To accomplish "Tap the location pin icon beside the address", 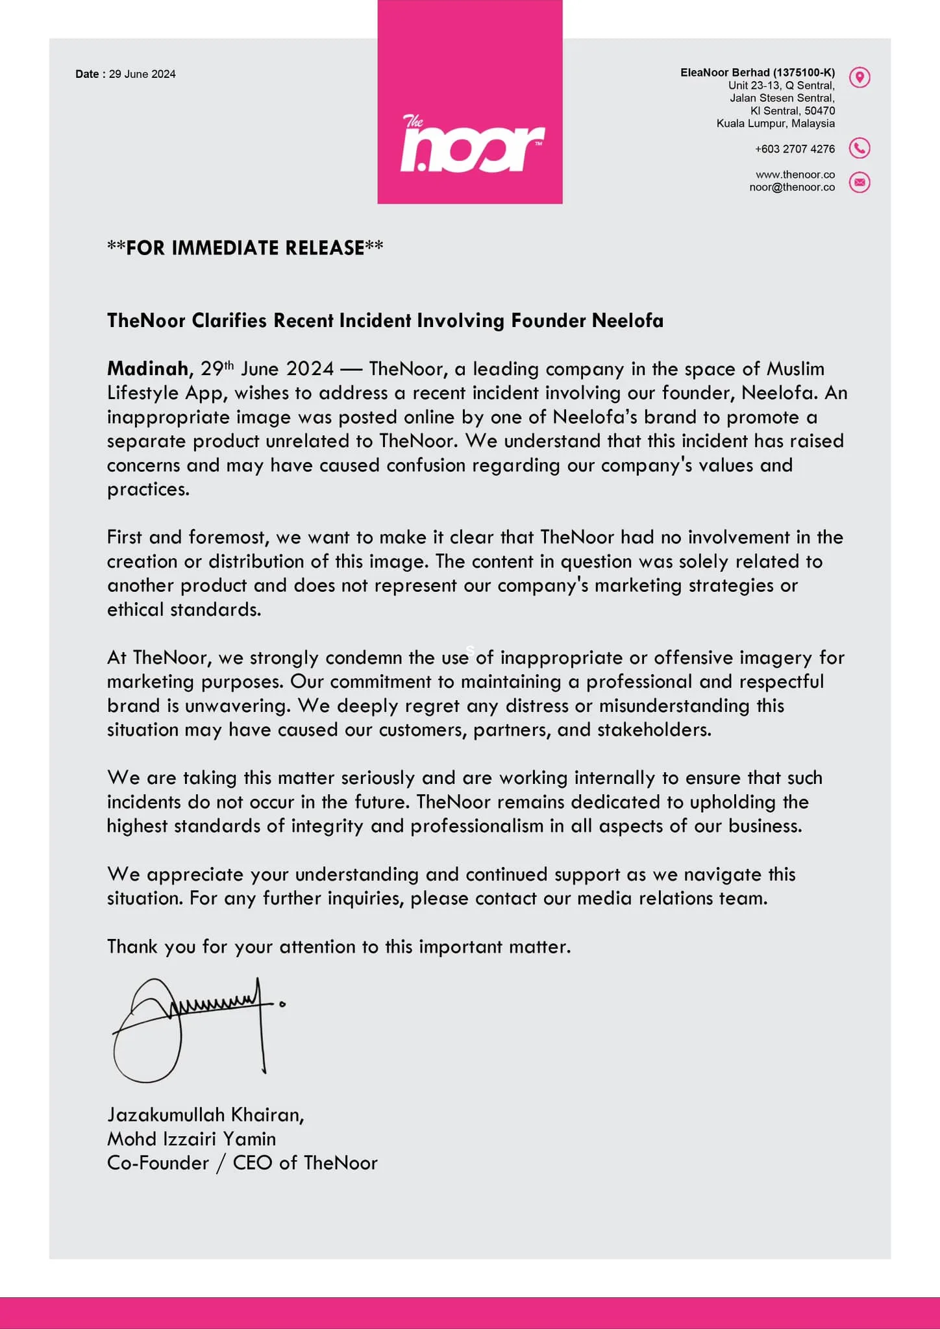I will [x=860, y=78].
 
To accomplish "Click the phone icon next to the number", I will [x=860, y=149].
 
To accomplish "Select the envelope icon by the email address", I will [x=860, y=182].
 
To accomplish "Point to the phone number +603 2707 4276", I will [x=795, y=149].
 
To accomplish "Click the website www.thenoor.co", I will [x=795, y=175].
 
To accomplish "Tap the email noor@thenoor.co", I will [x=792, y=187].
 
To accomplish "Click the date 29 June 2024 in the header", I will [x=142, y=74].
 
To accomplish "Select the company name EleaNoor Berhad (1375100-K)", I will [x=757, y=73].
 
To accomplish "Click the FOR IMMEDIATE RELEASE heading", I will [x=245, y=248].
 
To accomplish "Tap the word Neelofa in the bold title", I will [x=627, y=321].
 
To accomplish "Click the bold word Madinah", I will [x=147, y=369].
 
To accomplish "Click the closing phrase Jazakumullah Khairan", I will [x=205, y=1115].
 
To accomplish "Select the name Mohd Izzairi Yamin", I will [x=192, y=1139].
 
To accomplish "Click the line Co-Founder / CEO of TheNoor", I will [x=242, y=1163].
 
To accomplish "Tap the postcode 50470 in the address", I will [x=819, y=111].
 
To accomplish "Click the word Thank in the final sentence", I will [x=132, y=947].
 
